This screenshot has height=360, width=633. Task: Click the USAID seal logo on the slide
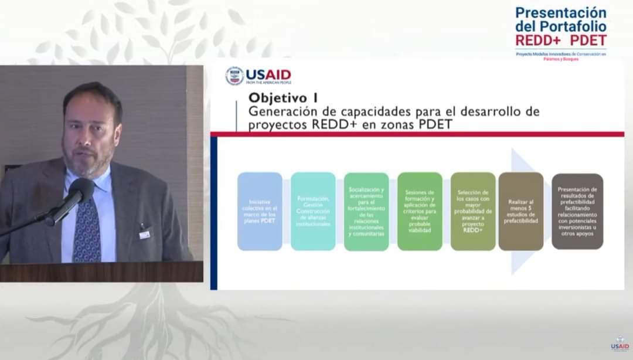coord(234,76)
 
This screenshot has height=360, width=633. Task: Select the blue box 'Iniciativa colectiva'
coord(260,212)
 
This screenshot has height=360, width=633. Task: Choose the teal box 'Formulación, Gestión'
coord(313,212)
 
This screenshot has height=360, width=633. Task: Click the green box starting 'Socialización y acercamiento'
coord(366,212)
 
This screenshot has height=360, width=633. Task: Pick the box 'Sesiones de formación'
coord(420,212)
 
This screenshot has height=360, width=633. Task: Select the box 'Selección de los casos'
coord(473,212)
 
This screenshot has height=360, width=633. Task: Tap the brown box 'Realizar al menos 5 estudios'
coord(521,212)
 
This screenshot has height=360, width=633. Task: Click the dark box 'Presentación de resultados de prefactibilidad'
coord(577,212)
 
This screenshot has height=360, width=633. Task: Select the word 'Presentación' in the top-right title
coord(561,12)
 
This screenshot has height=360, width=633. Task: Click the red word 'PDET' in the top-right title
coord(588,40)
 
